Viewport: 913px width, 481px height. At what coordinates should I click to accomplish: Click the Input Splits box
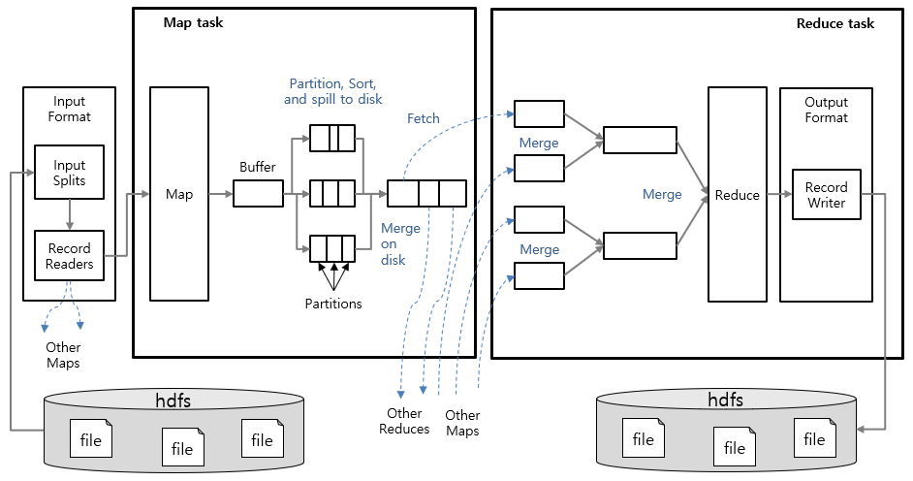tap(70, 173)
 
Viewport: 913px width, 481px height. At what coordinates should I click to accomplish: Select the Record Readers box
tap(70, 256)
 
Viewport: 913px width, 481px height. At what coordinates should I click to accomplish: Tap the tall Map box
tap(179, 194)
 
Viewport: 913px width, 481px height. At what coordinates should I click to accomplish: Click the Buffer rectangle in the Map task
tap(258, 194)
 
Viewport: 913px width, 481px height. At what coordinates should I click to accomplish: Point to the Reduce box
tap(738, 194)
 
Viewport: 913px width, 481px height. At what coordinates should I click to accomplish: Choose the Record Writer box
tap(826, 195)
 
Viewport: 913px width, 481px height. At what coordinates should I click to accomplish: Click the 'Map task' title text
tap(193, 22)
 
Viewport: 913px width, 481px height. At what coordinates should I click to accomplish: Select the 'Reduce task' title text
tap(834, 23)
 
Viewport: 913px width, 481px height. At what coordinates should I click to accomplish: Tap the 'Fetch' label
tap(423, 119)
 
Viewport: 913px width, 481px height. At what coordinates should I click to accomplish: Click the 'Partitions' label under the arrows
tap(332, 304)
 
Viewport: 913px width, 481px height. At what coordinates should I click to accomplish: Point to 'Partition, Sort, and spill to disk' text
tap(332, 91)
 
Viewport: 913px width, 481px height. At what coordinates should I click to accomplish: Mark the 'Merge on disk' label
tap(400, 244)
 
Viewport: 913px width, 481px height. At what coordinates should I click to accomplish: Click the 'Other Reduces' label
tap(404, 422)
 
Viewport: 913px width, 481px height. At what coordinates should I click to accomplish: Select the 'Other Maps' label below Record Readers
tap(63, 355)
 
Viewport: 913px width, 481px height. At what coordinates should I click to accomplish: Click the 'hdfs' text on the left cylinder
tap(174, 400)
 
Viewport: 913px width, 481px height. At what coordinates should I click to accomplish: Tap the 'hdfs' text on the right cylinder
tap(726, 400)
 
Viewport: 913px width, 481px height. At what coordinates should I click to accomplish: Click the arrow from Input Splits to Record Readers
tap(70, 214)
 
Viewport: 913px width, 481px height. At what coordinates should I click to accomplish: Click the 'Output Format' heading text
tap(826, 110)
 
